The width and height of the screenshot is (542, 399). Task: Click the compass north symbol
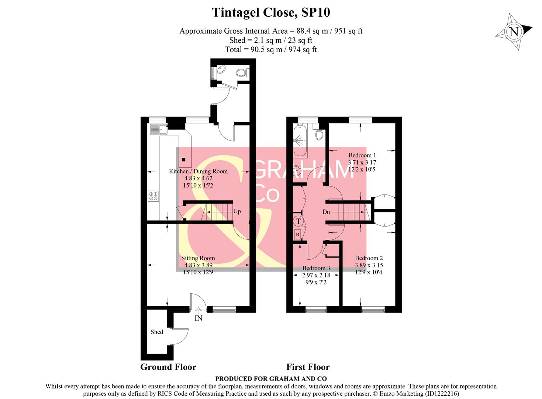(x=514, y=32)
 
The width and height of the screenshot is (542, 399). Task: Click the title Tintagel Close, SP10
(x=271, y=13)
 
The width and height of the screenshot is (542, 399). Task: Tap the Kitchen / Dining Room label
(x=198, y=171)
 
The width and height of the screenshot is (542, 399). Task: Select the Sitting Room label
(x=198, y=258)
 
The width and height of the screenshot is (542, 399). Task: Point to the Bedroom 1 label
(x=362, y=155)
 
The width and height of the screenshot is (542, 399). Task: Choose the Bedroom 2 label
(x=369, y=258)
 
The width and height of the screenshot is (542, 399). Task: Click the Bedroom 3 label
(x=316, y=268)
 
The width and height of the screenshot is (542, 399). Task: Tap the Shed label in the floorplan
(x=156, y=332)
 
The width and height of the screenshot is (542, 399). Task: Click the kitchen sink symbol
(x=159, y=129)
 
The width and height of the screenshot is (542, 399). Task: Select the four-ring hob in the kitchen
(x=153, y=196)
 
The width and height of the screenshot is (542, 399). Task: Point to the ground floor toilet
(x=242, y=73)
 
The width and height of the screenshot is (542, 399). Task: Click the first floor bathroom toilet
(x=319, y=134)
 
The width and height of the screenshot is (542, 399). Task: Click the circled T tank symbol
(x=298, y=221)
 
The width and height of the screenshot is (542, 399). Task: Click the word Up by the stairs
(x=237, y=211)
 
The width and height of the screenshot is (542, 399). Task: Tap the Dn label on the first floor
(x=326, y=212)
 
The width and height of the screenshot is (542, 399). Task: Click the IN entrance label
(x=198, y=318)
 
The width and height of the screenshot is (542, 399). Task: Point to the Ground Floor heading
(x=168, y=367)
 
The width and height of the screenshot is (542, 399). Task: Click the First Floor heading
(x=308, y=367)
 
